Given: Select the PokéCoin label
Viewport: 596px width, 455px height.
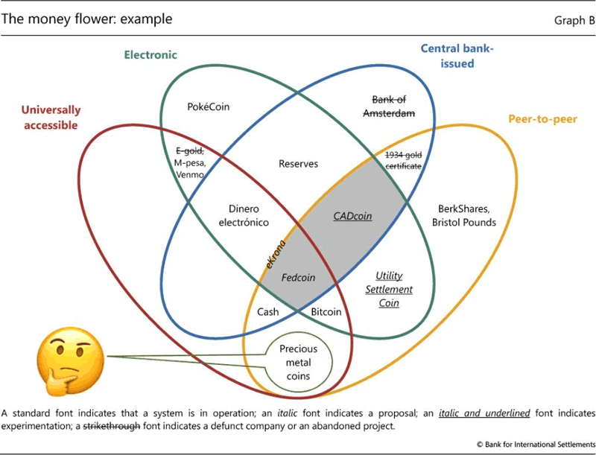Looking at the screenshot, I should [x=209, y=106].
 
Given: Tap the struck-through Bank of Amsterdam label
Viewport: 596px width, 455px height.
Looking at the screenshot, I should [x=388, y=106].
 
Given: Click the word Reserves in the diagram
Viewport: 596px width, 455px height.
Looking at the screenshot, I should [x=299, y=163].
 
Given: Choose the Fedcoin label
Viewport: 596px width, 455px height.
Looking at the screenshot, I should [x=298, y=277].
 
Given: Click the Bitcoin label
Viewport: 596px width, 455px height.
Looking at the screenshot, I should [x=326, y=311].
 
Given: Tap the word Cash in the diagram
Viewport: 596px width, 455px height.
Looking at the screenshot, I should [x=268, y=311].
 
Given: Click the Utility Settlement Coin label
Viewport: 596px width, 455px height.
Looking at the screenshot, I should [x=394, y=289].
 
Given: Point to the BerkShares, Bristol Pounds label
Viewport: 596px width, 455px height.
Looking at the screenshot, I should [x=463, y=216].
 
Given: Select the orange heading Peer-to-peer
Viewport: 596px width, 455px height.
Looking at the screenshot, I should [x=541, y=119].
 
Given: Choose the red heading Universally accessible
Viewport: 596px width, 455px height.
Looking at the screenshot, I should [x=51, y=118].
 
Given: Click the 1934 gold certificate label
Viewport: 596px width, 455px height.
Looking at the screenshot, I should [x=404, y=160].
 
